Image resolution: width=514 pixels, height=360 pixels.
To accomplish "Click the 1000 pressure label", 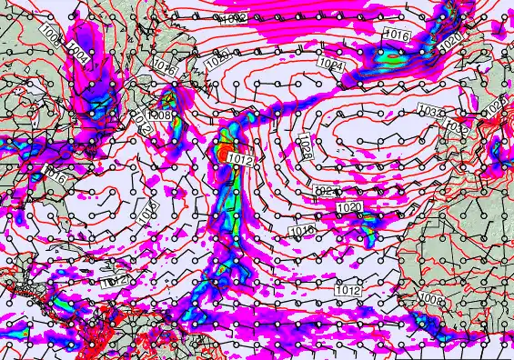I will tap(50, 38).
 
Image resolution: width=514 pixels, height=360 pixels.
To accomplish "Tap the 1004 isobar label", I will tap(80, 55).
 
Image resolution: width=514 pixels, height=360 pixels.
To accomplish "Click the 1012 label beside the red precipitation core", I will tap(240, 160).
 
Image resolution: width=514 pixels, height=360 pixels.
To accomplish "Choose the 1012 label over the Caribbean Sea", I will tap(113, 283).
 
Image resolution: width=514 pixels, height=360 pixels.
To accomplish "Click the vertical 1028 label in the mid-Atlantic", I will tap(305, 149).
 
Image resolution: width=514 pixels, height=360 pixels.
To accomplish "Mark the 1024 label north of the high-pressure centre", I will tap(331, 66).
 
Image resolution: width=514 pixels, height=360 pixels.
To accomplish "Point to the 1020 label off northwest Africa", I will tap(349, 208).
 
